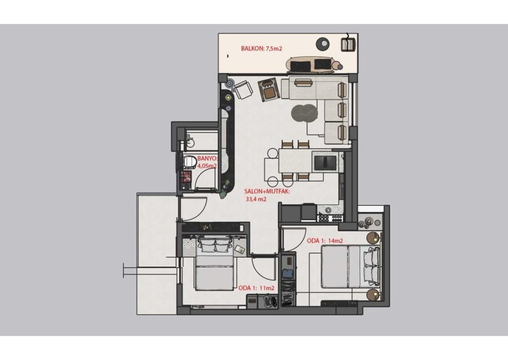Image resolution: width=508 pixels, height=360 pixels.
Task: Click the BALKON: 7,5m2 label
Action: (261, 49)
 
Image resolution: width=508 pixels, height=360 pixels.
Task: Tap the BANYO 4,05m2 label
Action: (207, 162)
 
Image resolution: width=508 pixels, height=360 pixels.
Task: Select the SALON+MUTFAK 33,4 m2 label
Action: (267, 195)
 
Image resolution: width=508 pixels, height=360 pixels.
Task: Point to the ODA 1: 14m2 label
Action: (324, 241)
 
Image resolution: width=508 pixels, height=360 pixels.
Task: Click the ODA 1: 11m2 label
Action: (256, 288)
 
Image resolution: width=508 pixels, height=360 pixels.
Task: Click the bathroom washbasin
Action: (190, 142)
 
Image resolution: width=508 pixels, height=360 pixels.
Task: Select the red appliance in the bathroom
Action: (187, 177)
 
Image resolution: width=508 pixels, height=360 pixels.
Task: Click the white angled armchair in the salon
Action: (243, 90)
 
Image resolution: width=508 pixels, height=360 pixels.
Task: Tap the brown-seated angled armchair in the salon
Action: (269, 89)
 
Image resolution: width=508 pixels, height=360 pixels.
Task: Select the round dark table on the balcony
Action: (322, 43)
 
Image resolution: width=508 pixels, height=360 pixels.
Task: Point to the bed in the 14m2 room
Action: (350, 267)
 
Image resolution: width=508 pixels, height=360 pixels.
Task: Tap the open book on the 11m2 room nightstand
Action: (240, 249)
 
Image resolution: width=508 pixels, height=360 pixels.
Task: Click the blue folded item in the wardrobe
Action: (287, 274)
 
